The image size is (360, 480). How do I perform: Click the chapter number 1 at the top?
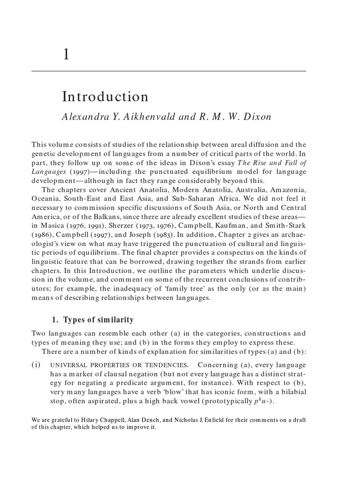tap(66, 55)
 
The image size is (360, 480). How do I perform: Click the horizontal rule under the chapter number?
tap(168, 71)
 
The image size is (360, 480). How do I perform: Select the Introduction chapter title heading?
tap(105, 97)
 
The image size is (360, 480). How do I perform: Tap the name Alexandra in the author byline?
tap(82, 117)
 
